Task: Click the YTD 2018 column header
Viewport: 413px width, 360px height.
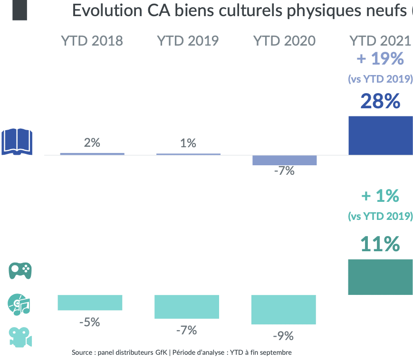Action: [92, 41]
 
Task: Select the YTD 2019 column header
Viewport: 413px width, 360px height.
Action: [188, 41]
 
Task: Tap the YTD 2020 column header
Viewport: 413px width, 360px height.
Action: [284, 41]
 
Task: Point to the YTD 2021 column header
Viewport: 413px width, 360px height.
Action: [380, 41]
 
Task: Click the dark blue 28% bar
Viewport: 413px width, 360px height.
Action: [380, 135]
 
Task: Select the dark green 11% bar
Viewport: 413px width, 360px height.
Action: [380, 277]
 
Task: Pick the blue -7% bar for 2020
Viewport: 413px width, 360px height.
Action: [284, 160]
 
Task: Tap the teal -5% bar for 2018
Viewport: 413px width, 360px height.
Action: [90, 303]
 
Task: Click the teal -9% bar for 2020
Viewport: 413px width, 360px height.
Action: [283, 309]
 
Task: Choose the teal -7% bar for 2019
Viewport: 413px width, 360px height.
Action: [187, 306]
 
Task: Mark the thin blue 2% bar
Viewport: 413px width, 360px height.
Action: [92, 154]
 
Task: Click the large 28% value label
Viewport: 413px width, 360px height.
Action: [380, 102]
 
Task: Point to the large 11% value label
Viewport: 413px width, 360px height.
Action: [380, 244]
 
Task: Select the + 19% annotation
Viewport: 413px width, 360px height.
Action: [380, 59]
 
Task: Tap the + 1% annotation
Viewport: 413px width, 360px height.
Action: [380, 196]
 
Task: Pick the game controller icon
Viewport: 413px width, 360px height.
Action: [20, 271]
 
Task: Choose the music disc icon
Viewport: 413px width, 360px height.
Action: [19, 304]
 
